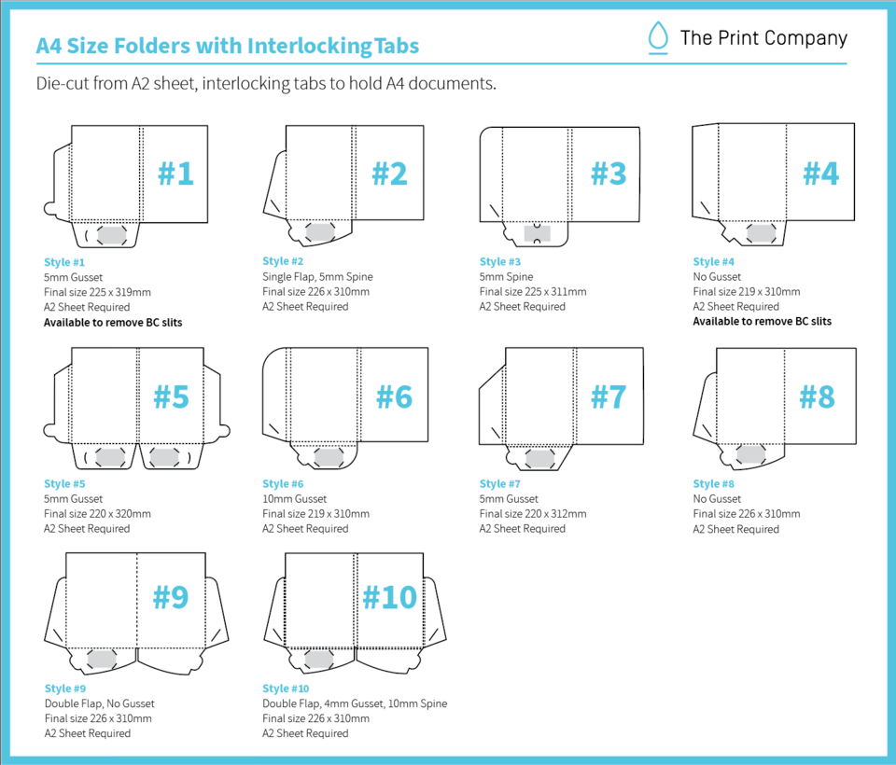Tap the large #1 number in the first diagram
175,173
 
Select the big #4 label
821,173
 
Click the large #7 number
608,396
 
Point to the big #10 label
389,596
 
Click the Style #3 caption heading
506,262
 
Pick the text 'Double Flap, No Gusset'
100,703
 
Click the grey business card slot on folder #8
751,454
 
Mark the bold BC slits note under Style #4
762,321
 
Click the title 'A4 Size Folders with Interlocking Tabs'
227,46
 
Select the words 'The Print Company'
763,38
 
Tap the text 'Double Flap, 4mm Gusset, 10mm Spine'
355,703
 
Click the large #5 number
171,396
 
